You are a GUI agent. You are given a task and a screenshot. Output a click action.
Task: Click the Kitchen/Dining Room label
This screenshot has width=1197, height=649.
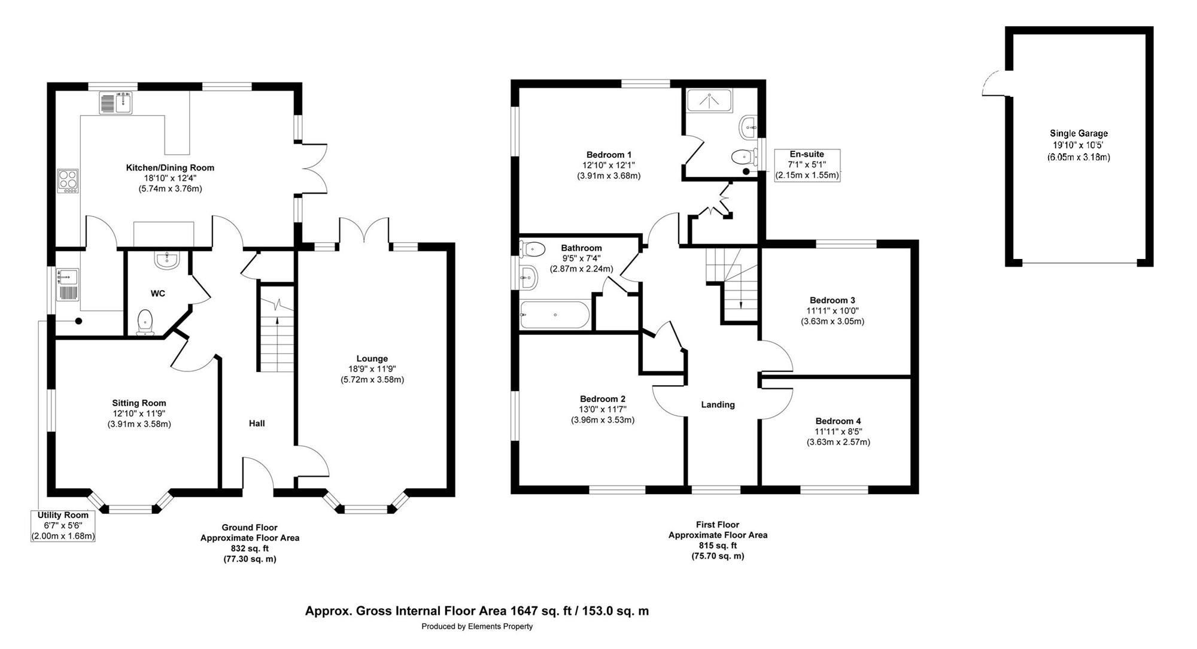click(170, 167)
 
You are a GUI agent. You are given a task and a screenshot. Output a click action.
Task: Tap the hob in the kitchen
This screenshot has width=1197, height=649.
click(68, 181)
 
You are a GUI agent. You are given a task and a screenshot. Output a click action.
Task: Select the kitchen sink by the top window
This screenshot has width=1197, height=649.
click(116, 102)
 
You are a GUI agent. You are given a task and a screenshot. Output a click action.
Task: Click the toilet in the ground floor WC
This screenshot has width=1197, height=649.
click(145, 322)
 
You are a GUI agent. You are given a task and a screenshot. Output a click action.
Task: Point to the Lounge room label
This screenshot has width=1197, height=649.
click(372, 359)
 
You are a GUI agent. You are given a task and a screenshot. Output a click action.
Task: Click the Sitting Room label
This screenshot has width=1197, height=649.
click(139, 403)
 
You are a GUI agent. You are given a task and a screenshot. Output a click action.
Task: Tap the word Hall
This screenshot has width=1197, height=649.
click(257, 423)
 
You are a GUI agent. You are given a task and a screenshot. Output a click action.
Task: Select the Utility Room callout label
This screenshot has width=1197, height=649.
click(63, 526)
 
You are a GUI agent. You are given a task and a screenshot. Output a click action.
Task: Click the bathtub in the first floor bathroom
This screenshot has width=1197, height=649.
click(555, 315)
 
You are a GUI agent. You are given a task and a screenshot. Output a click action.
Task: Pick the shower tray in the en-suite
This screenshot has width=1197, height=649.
click(710, 100)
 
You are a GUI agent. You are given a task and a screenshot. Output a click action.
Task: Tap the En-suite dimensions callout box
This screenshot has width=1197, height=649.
click(807, 165)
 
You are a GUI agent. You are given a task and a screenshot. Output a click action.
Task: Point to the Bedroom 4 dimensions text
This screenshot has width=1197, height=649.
click(838, 437)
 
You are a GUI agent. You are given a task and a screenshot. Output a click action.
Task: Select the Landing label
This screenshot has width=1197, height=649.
click(718, 405)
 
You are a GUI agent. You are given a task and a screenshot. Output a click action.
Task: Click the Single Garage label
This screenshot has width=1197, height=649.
click(1078, 133)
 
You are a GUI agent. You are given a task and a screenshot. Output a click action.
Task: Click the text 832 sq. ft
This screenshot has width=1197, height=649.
click(250, 549)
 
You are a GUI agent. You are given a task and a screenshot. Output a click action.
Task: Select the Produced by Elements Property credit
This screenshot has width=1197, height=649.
click(477, 627)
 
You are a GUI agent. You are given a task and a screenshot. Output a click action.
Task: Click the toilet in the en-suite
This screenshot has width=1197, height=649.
click(742, 157)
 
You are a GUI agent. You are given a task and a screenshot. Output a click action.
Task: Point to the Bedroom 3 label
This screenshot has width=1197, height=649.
click(833, 300)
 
